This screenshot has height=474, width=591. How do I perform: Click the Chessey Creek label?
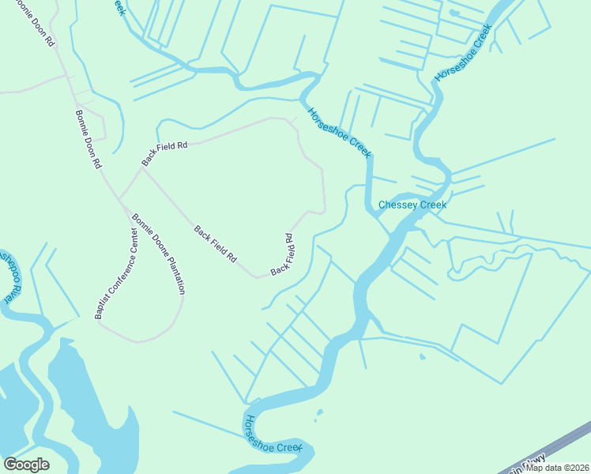[412, 205]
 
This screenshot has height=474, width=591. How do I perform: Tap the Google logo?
[26, 465]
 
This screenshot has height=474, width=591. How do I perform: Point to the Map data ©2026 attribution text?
[557, 468]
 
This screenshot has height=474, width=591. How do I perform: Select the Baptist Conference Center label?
[116, 273]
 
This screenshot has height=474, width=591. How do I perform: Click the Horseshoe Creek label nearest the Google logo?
[274, 437]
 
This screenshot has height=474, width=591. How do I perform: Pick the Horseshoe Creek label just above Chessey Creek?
[339, 133]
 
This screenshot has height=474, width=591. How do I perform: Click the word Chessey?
[397, 205]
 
